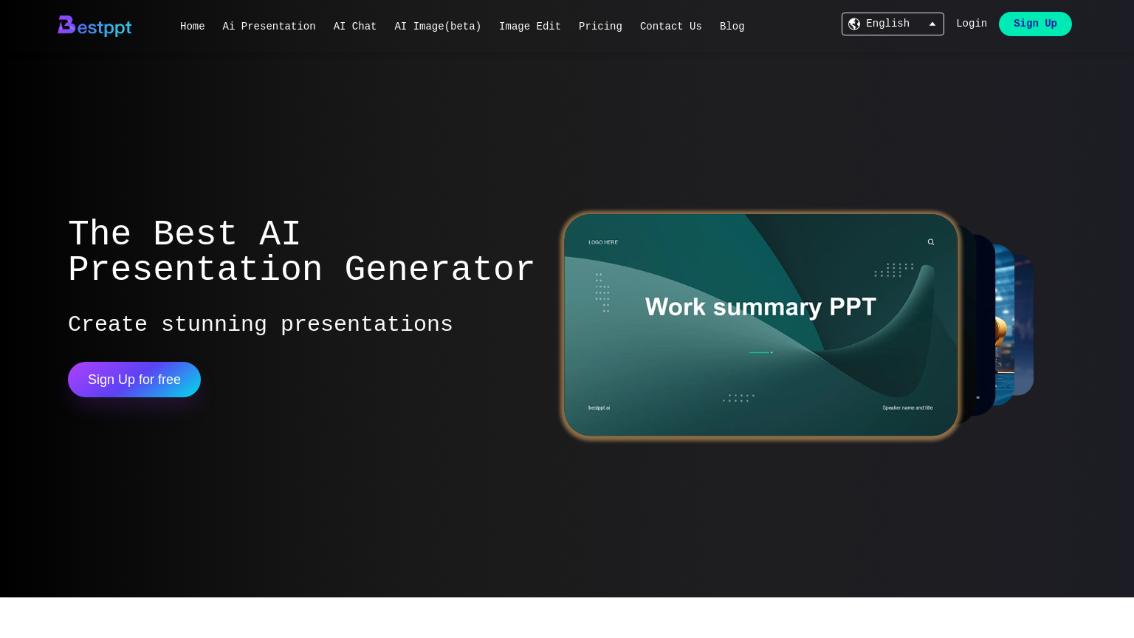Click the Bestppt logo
click(94, 26)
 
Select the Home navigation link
click(192, 27)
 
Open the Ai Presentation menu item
click(269, 27)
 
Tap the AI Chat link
click(355, 27)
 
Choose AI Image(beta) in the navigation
click(438, 27)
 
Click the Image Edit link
click(530, 27)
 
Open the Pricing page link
click(600, 27)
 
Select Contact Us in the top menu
click(671, 27)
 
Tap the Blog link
click(732, 27)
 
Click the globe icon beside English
click(854, 24)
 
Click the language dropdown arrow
click(932, 24)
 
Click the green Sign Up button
click(1035, 24)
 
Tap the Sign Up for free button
click(134, 380)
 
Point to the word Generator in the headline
click(439, 270)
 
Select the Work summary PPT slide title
click(760, 306)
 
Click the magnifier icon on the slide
click(931, 242)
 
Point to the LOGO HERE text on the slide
click(603, 242)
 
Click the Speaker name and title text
click(907, 408)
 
